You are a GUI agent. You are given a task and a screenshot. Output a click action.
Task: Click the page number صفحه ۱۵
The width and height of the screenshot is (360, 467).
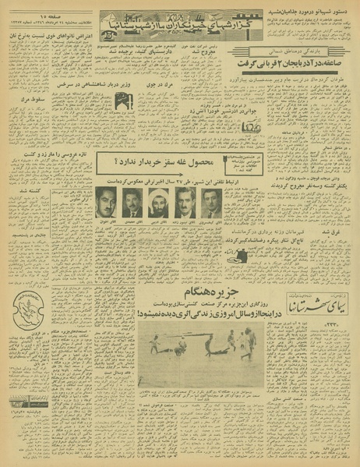(x=39, y=16)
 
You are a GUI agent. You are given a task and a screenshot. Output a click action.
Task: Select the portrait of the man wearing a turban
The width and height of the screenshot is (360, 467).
(x=159, y=202)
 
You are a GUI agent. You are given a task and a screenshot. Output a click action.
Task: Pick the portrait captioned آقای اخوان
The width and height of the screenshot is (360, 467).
(x=106, y=202)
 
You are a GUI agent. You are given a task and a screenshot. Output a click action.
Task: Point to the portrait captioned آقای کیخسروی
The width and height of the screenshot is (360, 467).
(x=211, y=202)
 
